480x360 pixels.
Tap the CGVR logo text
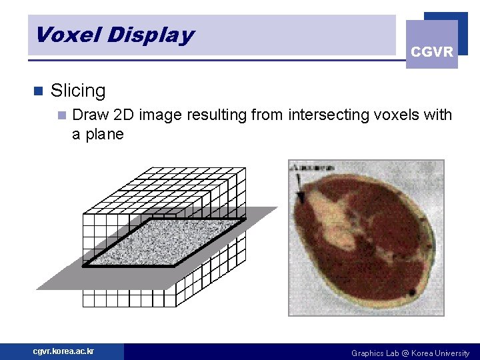click(x=432, y=51)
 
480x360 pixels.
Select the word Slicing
click(x=78, y=91)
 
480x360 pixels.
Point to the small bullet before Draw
click(x=61, y=115)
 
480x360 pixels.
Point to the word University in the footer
click(x=451, y=353)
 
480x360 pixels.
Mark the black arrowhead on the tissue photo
click(x=301, y=197)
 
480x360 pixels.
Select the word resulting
click(x=216, y=115)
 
